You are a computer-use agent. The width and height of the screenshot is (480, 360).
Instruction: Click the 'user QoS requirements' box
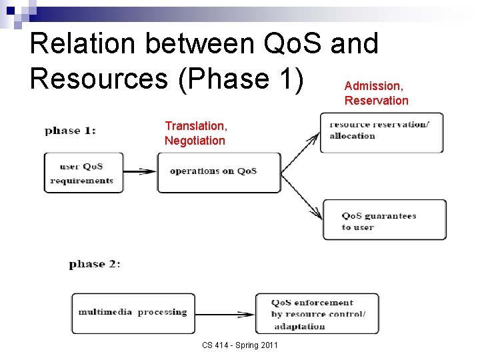[83, 173]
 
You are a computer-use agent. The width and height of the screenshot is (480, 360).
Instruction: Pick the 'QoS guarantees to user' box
[384, 220]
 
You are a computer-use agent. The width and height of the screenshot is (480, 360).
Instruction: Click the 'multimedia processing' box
[133, 313]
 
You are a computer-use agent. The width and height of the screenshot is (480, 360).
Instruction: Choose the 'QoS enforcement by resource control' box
[317, 313]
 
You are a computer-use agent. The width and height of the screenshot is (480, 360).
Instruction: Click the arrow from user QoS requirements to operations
[140, 171]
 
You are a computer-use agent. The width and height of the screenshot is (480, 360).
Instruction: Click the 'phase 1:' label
[70, 130]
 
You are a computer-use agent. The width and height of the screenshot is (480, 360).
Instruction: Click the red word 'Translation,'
[196, 126]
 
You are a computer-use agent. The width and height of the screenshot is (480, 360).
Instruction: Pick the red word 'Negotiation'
[195, 141]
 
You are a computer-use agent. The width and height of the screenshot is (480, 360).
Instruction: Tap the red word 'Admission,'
[373, 86]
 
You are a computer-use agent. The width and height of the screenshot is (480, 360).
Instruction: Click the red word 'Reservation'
[376, 101]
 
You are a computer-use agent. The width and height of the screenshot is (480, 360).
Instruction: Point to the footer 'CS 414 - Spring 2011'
[240, 345]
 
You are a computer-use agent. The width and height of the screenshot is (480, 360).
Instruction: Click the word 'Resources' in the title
[98, 78]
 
